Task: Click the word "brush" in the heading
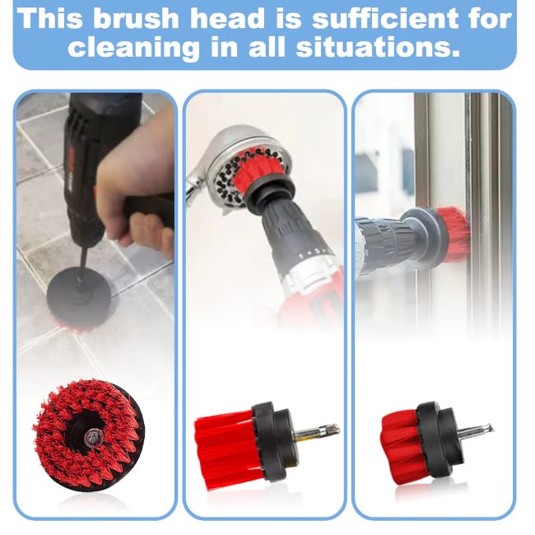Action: pos(136,18)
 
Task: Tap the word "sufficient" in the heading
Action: pos(385,18)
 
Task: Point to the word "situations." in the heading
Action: pos(378,46)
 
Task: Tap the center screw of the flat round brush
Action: pos(92,436)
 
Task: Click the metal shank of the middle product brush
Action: pos(317,431)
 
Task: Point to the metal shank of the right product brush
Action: pos(475,430)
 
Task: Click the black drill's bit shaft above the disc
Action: pos(81,264)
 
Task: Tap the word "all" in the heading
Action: pos(266,46)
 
